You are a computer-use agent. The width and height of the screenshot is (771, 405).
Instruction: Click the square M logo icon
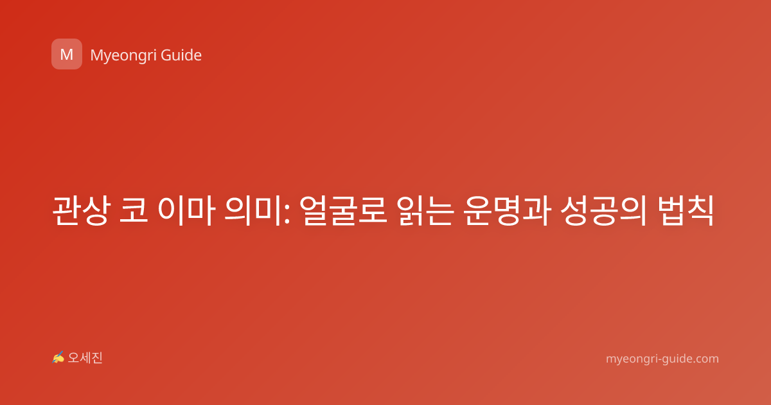[x=67, y=54]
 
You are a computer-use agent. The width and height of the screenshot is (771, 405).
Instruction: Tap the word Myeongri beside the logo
[x=123, y=56]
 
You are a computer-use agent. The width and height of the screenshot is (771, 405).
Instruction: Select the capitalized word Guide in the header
[x=181, y=55]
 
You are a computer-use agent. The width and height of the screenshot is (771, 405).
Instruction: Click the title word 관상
[x=81, y=210]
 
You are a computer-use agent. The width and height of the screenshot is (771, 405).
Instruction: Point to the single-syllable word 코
[x=134, y=210]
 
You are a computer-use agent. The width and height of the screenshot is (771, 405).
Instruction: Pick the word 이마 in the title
[x=186, y=210]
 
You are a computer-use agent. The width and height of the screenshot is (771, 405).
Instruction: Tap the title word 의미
[x=253, y=210]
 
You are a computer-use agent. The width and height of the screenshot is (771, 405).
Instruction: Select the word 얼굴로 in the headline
[x=343, y=210]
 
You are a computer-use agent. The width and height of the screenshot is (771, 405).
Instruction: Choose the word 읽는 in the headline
[x=425, y=210]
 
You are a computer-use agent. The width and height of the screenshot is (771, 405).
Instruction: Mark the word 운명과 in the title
[x=507, y=210]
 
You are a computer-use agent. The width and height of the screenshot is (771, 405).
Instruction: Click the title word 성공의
[x=604, y=210]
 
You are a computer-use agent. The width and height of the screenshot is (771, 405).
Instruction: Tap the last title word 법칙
[x=686, y=210]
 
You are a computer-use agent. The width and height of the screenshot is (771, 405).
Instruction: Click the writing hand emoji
[x=58, y=357]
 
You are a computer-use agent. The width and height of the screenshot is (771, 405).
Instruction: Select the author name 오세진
[x=85, y=358]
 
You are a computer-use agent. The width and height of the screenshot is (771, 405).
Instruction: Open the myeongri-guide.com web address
[x=662, y=359]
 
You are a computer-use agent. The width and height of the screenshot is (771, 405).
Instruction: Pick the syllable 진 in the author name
[x=97, y=358]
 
